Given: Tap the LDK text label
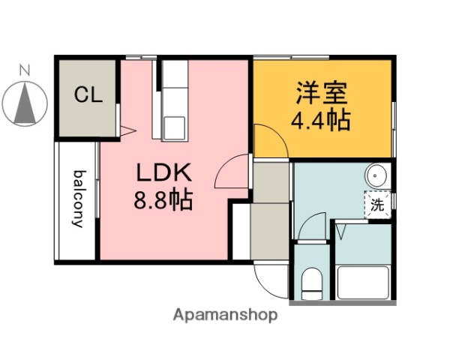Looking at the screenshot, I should [x=164, y=173].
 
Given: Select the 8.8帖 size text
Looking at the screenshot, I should [x=164, y=201].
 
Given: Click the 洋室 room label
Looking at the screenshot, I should [x=321, y=94].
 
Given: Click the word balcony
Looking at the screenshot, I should [x=77, y=199].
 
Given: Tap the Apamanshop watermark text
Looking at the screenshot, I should [x=225, y=315].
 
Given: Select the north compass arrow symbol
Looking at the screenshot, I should [x=25, y=105].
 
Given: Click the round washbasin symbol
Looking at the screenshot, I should [x=376, y=177].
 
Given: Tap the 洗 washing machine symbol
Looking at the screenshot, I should [x=378, y=205].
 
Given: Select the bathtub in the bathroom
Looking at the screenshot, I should [x=363, y=283].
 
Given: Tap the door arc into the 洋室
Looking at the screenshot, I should [x=267, y=141].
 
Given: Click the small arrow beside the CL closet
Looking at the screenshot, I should [x=127, y=130].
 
